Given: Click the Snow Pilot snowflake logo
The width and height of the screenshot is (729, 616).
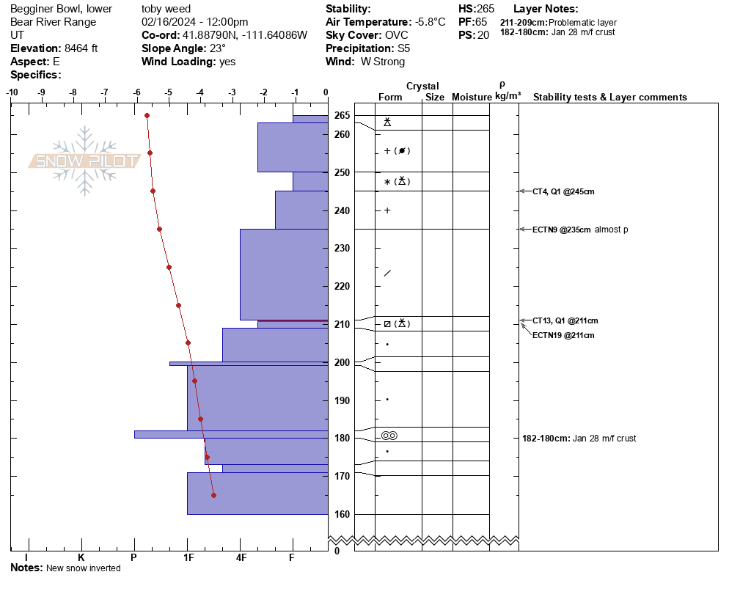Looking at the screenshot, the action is tap(84, 161).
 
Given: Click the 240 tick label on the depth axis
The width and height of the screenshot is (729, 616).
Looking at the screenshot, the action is tap(342, 210).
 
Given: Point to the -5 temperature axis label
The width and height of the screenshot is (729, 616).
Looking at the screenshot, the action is tap(168, 92).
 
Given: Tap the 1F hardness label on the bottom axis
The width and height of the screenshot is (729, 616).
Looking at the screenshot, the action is tap(188, 557).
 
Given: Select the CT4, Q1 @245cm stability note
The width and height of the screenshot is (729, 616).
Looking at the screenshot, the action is tap(563, 191).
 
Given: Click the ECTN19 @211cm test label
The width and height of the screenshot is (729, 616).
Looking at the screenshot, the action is tap(563, 335).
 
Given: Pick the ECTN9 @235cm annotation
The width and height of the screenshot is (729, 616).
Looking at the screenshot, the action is tap(562, 230).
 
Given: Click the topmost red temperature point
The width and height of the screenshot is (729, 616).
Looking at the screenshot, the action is tap(147, 116).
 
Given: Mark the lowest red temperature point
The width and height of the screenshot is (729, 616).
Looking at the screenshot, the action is tap(214, 495).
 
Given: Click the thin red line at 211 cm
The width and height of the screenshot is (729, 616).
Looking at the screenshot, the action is tap(293, 320).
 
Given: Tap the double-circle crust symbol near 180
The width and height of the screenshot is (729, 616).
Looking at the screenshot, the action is tap(389, 436).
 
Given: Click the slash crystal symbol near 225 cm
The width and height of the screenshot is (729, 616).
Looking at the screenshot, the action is tap(387, 273).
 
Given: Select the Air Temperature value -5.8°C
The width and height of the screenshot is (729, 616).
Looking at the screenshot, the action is tap(430, 22).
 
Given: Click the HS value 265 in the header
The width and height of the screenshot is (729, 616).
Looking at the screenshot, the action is tap(486, 9).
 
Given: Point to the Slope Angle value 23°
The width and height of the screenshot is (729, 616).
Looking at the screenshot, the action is tap(218, 48).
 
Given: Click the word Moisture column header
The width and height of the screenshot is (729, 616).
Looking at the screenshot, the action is tap(472, 97).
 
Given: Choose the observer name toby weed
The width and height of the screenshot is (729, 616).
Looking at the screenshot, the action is tap(166, 9).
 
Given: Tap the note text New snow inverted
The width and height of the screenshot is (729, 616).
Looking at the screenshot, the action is tap(83, 568).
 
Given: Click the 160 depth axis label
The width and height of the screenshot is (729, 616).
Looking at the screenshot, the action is tap(342, 514).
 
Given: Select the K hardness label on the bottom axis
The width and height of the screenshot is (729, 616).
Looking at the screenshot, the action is tap(81, 557).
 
